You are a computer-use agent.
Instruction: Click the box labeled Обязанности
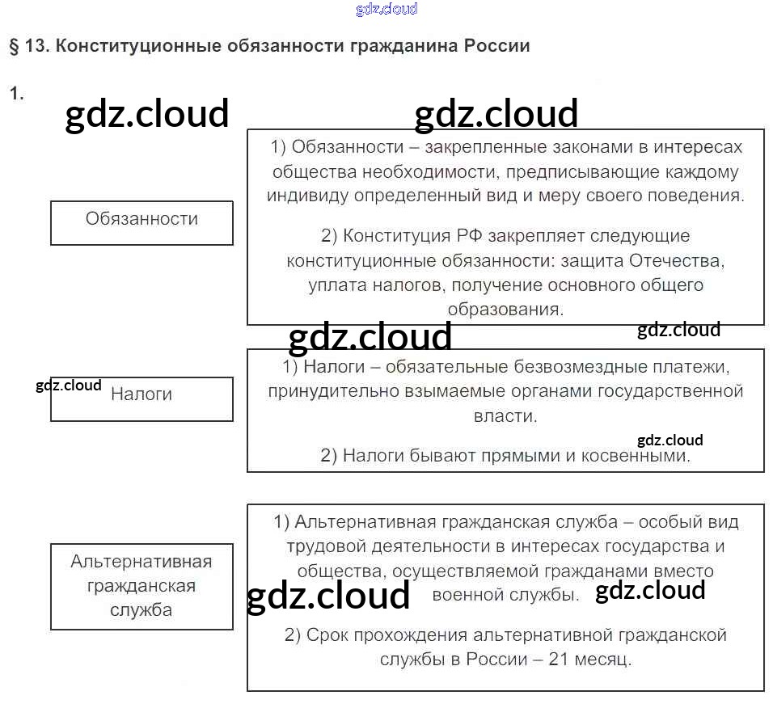[x=142, y=222]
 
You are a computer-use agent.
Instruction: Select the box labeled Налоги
[x=142, y=398]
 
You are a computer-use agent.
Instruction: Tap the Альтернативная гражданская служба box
[x=142, y=586]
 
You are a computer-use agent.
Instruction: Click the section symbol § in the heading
[x=14, y=46]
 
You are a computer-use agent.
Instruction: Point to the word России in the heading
[x=497, y=46]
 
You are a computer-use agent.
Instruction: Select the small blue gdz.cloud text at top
[x=386, y=10]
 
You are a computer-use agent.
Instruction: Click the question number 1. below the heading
[x=17, y=94]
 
